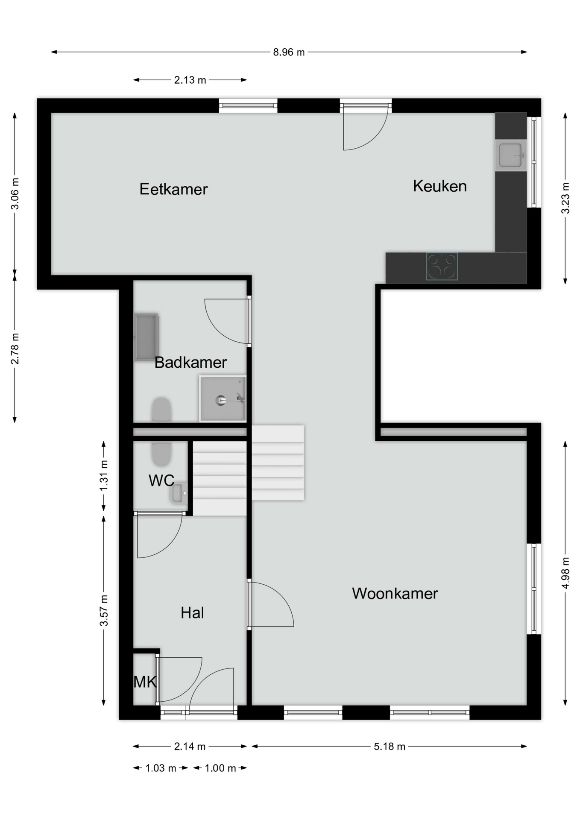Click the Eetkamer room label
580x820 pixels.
click(x=173, y=189)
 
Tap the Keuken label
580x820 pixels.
click(x=439, y=186)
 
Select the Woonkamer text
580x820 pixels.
click(x=395, y=593)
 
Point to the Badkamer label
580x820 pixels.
click(x=190, y=362)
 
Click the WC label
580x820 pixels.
click(x=161, y=480)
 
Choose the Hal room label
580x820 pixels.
click(x=192, y=613)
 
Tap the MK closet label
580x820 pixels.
click(x=145, y=682)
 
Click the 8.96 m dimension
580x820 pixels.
click(x=289, y=52)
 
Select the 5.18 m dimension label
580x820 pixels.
click(x=390, y=746)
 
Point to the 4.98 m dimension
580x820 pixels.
click(x=565, y=573)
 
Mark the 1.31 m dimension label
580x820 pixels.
click(x=103, y=475)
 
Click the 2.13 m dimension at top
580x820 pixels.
click(x=190, y=80)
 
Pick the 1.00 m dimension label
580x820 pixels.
click(x=220, y=768)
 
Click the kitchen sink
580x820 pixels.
click(x=511, y=155)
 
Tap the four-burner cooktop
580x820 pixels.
click(x=442, y=266)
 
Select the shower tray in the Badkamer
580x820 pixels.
click(x=223, y=398)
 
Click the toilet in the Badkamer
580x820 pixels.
click(x=161, y=410)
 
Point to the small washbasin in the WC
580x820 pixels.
click(x=179, y=493)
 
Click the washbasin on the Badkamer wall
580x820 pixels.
click(x=146, y=337)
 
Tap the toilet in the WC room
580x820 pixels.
click(x=161, y=454)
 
